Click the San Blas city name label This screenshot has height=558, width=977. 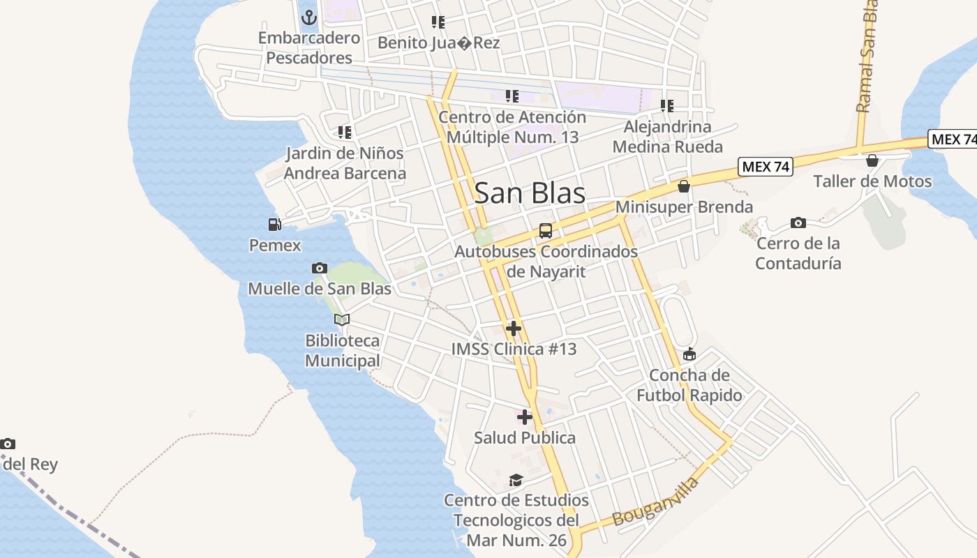point(530,193)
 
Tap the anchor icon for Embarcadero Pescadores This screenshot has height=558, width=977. point(309,17)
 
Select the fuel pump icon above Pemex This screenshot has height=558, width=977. point(275,225)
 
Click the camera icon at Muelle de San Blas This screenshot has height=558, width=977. point(320,268)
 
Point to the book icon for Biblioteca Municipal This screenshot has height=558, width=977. point(342,319)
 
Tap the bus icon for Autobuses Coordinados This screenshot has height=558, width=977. point(546,231)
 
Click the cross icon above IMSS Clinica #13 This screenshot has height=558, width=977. point(514,329)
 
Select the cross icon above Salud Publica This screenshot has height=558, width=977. point(525,417)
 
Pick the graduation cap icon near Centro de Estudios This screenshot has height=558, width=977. point(516,480)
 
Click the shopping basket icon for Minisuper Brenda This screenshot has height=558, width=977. point(684,186)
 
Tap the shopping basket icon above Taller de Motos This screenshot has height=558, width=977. point(872,160)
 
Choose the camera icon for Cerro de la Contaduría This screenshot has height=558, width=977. point(798,223)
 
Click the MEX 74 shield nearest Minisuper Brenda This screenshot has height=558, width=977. point(766,167)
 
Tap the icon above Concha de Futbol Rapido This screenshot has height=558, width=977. point(689,354)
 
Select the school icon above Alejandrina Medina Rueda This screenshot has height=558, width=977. point(667,106)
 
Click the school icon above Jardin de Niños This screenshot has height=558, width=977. point(344,132)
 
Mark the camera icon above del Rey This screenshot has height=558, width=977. point(8,444)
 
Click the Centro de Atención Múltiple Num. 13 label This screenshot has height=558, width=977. point(512,127)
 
